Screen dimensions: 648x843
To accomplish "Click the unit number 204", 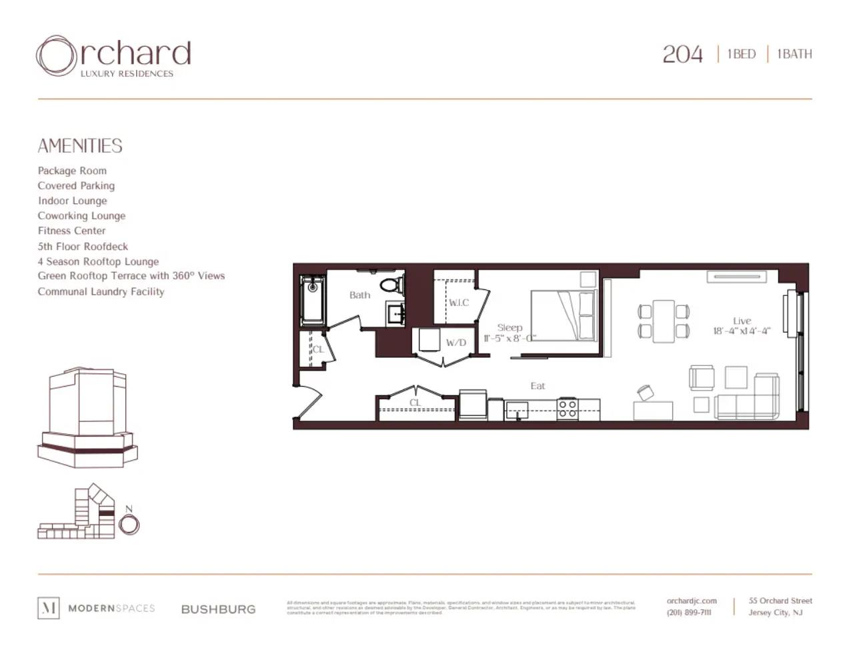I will pos(682,54).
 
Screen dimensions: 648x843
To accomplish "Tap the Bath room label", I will pos(359,295).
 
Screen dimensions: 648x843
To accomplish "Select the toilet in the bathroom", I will pos(392,285).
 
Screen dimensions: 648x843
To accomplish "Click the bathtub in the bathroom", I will pos(311,301).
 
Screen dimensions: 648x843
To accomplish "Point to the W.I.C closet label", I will pos(458,303).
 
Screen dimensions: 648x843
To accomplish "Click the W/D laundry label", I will pos(456,343).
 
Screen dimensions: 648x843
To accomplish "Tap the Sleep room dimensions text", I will pos(510,338).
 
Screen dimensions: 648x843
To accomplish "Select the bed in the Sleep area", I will pos(562,315).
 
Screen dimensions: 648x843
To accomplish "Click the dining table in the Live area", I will pos(664,321).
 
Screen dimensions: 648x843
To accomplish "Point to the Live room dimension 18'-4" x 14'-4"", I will pos(741,331).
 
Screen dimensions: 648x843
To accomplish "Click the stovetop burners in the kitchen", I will pos(567,408).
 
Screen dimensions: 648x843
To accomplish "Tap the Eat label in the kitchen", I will pos(538,385).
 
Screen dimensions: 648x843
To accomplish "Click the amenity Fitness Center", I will pos(71,231).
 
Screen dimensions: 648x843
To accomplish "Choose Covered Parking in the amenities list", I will pos(76,185).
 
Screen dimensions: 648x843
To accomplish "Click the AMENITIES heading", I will pos(80,146).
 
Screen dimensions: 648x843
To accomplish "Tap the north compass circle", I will pos(129,525).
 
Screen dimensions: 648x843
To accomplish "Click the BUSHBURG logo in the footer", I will pos(218,609).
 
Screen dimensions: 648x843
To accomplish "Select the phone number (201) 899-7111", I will pos(689,613).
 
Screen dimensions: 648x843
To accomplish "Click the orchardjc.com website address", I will pos(692,601).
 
